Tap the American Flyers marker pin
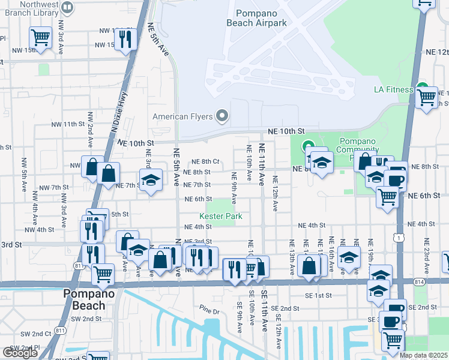223,114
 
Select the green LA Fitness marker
423,88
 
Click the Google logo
20,353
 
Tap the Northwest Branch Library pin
67,7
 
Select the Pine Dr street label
210,310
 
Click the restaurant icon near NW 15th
125,39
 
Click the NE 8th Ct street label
205,161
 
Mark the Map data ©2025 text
423,355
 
